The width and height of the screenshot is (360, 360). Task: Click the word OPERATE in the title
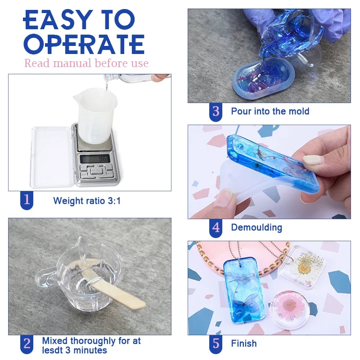[x=84, y=44]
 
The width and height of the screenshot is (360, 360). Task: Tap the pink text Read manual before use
[x=86, y=63]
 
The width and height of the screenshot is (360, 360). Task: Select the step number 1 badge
[x=27, y=200]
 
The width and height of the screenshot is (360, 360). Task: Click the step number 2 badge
[x=27, y=344]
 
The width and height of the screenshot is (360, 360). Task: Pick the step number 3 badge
[x=216, y=111]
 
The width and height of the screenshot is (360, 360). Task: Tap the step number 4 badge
[x=216, y=227]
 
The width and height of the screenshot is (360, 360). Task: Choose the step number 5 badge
[x=216, y=343]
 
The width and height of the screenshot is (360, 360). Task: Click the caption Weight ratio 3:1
[x=87, y=201]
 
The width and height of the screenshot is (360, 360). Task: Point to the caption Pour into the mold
[x=270, y=111]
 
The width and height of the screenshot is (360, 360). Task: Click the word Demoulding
[x=256, y=228]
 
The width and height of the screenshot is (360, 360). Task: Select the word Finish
[x=244, y=344]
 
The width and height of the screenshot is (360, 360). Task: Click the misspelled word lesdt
[x=54, y=350]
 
